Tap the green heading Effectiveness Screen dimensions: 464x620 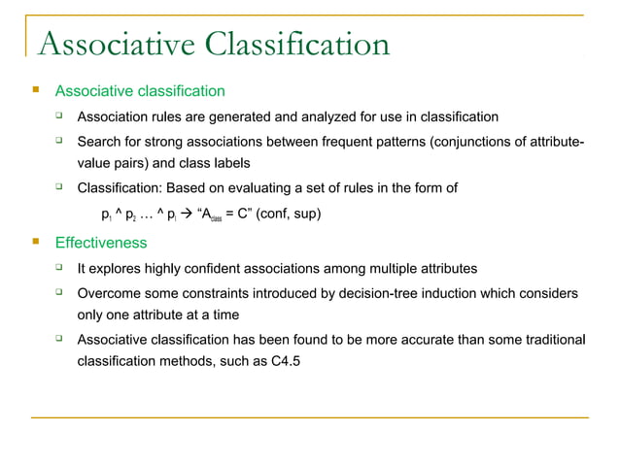click(101, 242)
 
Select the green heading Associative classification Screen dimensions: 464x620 click(140, 91)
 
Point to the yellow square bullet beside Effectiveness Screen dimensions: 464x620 click(35, 241)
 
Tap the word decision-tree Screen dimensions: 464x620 click(362, 292)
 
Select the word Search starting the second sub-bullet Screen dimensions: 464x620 click(99, 143)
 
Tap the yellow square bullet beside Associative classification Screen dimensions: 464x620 click(35, 90)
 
